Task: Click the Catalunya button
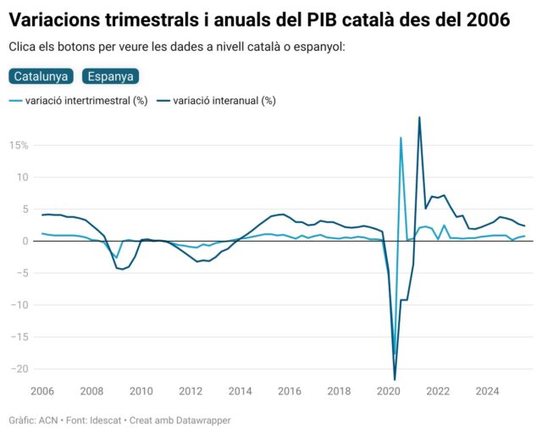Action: click(41, 76)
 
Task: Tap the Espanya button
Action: click(110, 76)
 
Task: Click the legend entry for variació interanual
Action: click(224, 101)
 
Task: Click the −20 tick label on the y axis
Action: click(19, 369)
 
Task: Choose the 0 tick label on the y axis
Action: click(25, 242)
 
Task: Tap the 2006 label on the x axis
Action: click(42, 392)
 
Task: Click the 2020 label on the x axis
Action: click(389, 392)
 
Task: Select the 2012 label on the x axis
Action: click(191, 392)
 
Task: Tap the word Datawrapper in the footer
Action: click(201, 421)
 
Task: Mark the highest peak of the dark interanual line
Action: click(419, 118)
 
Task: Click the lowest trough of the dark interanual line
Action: click(395, 379)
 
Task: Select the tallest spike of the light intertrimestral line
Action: click(401, 137)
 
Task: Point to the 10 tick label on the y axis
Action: click(23, 178)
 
